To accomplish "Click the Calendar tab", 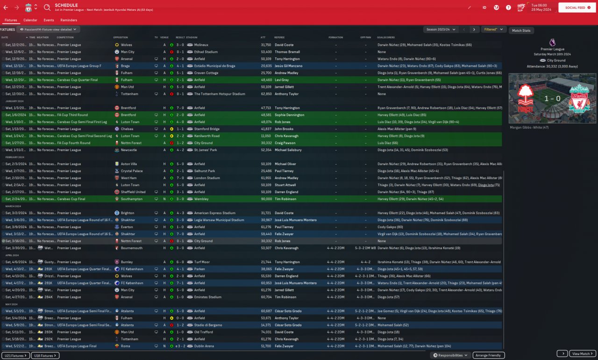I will (x=30, y=20).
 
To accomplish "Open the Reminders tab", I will (x=69, y=20).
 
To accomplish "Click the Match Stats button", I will (x=521, y=30).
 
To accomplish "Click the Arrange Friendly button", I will (x=489, y=355).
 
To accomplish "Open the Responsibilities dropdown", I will (x=450, y=355).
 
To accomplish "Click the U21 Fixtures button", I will (x=15, y=356).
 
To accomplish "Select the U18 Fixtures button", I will (x=45, y=356).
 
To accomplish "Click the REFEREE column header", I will (x=279, y=37).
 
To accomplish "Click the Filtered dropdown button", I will (x=493, y=29).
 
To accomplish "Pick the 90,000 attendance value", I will (x=266, y=199).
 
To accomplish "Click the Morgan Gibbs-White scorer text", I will (x=529, y=127).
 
